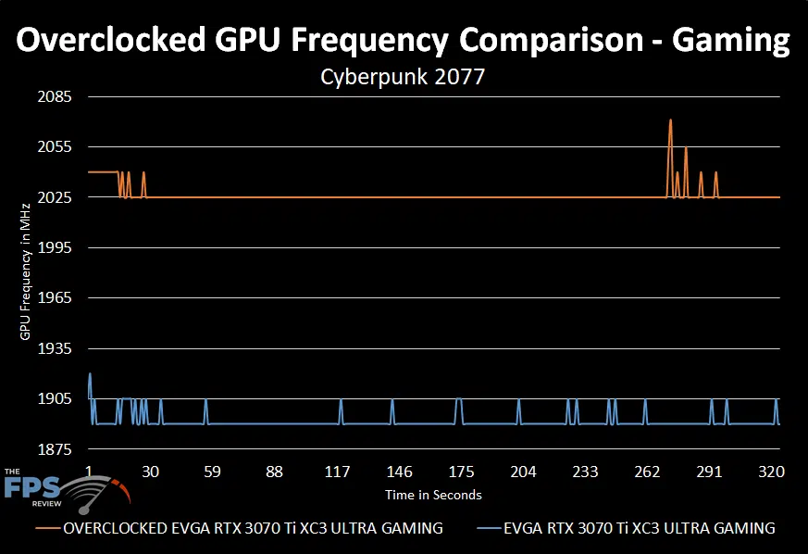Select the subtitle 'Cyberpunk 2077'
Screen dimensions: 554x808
pyautogui.click(x=403, y=78)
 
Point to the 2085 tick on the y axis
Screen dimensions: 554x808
pyautogui.click(x=52, y=97)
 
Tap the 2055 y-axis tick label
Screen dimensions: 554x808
pyautogui.click(x=52, y=147)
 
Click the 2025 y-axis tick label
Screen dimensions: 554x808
pyautogui.click(x=52, y=198)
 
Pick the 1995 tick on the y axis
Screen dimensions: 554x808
pyautogui.click(x=52, y=248)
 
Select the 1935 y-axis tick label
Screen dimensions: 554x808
pyautogui.click(x=52, y=349)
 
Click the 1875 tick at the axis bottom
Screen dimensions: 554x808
pyautogui.click(x=52, y=450)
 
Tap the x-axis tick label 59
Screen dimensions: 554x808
pyautogui.click(x=212, y=472)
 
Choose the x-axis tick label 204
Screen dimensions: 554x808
pyautogui.click(x=523, y=472)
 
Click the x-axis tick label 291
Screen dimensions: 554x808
pyautogui.click(x=709, y=472)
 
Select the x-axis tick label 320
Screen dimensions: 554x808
pyautogui.click(x=771, y=472)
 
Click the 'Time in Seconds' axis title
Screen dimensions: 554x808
pyautogui.click(x=433, y=495)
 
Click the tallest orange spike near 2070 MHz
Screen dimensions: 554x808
pyautogui.click(x=670, y=120)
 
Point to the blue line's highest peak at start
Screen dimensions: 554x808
pyautogui.click(x=90, y=373)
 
